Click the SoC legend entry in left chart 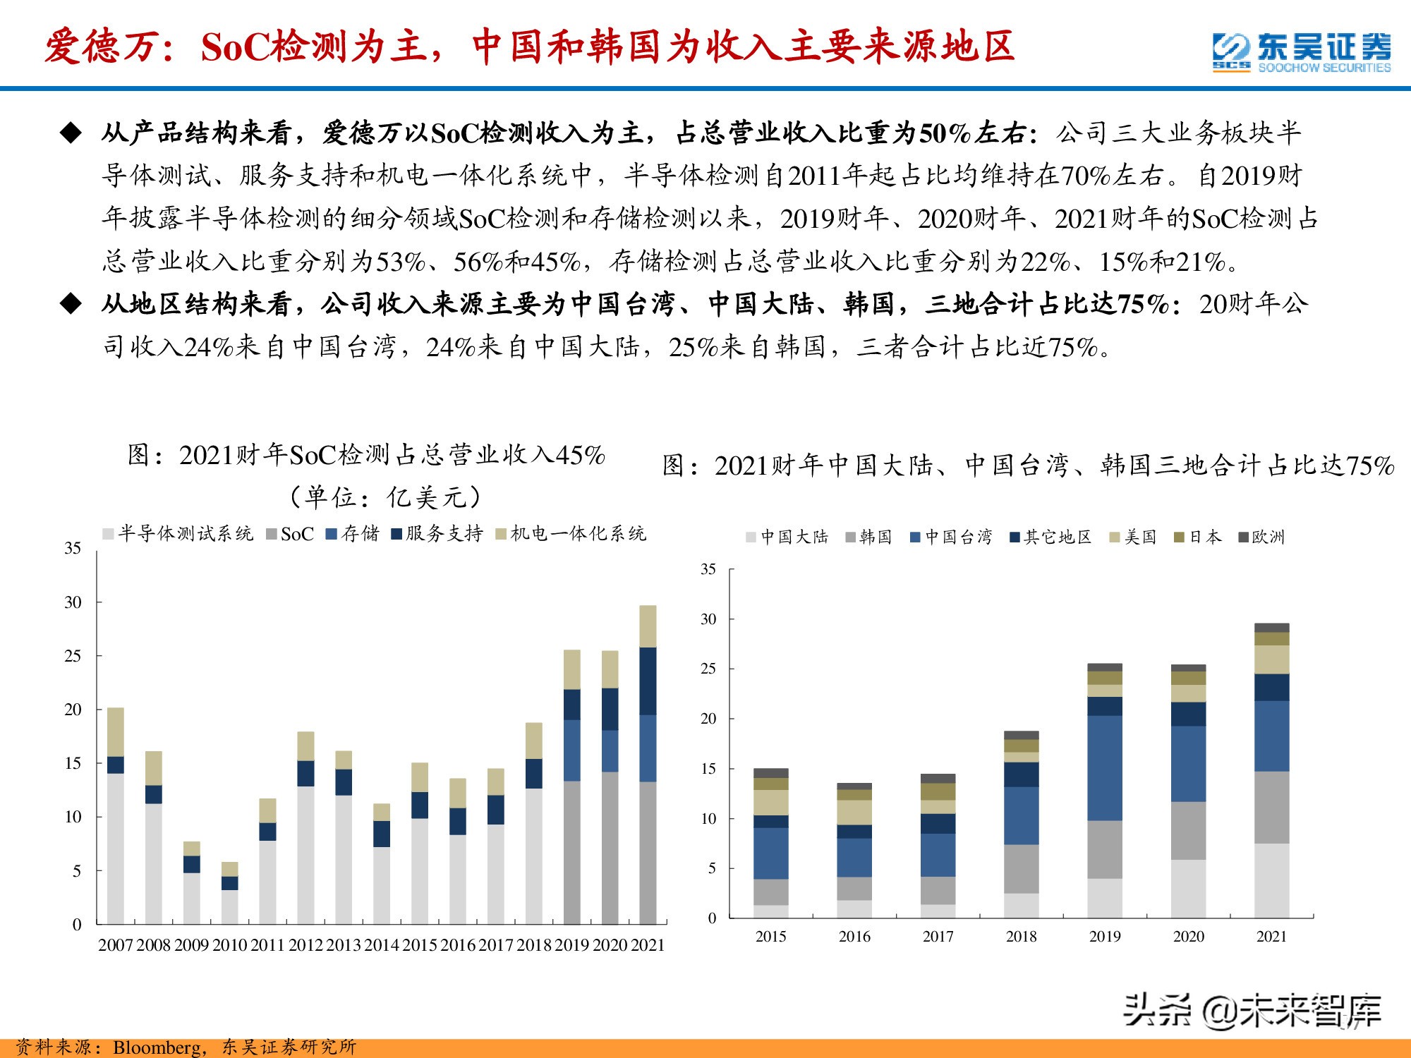pyautogui.click(x=290, y=534)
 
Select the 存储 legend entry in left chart pyautogui.click(x=353, y=534)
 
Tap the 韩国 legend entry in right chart pyautogui.click(x=868, y=537)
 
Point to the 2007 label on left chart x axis pyautogui.click(x=116, y=945)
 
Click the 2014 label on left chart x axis pyautogui.click(x=382, y=945)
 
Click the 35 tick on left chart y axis pyautogui.click(x=73, y=548)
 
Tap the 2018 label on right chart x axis pyautogui.click(x=1021, y=937)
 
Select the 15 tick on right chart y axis pyautogui.click(x=708, y=769)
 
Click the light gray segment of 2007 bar pyautogui.click(x=116, y=846)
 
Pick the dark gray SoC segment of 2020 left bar pyautogui.click(x=610, y=846)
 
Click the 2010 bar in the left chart pyautogui.click(x=230, y=896)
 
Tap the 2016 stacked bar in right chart pyautogui.click(x=854, y=853)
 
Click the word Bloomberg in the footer pyautogui.click(x=156, y=1047)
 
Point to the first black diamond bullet pyautogui.click(x=71, y=133)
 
